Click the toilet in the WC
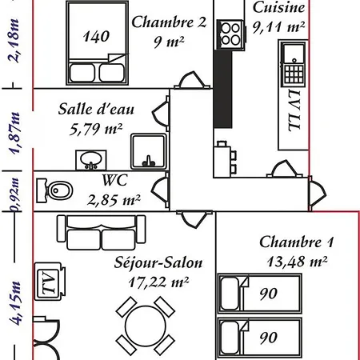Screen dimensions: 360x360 tap(54, 190)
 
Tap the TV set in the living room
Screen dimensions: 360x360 tap(50, 281)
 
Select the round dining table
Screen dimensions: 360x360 tap(146, 326)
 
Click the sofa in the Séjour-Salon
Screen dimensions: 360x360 tap(102, 233)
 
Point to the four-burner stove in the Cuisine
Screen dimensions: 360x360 tap(230, 34)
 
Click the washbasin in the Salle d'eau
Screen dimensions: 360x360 tap(91, 160)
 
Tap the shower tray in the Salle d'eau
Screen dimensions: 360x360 tap(149, 152)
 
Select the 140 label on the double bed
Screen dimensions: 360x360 tap(96, 36)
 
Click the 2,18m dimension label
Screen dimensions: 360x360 tap(14, 41)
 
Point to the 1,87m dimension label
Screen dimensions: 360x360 tap(14, 134)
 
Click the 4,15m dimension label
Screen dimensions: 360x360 tap(15, 303)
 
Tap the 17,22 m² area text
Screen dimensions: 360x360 tap(158, 282)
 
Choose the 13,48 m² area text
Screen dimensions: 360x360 tap(297, 262)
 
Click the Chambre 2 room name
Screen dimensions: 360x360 tap(169, 22)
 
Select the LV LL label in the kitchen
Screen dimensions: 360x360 tap(294, 110)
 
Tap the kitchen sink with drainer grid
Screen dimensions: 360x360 tap(294, 64)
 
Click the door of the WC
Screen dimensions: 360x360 tap(161, 190)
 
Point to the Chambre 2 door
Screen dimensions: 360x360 tap(192, 80)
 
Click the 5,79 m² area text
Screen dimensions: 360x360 tap(96, 129)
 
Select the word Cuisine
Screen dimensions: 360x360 tap(278, 7)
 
